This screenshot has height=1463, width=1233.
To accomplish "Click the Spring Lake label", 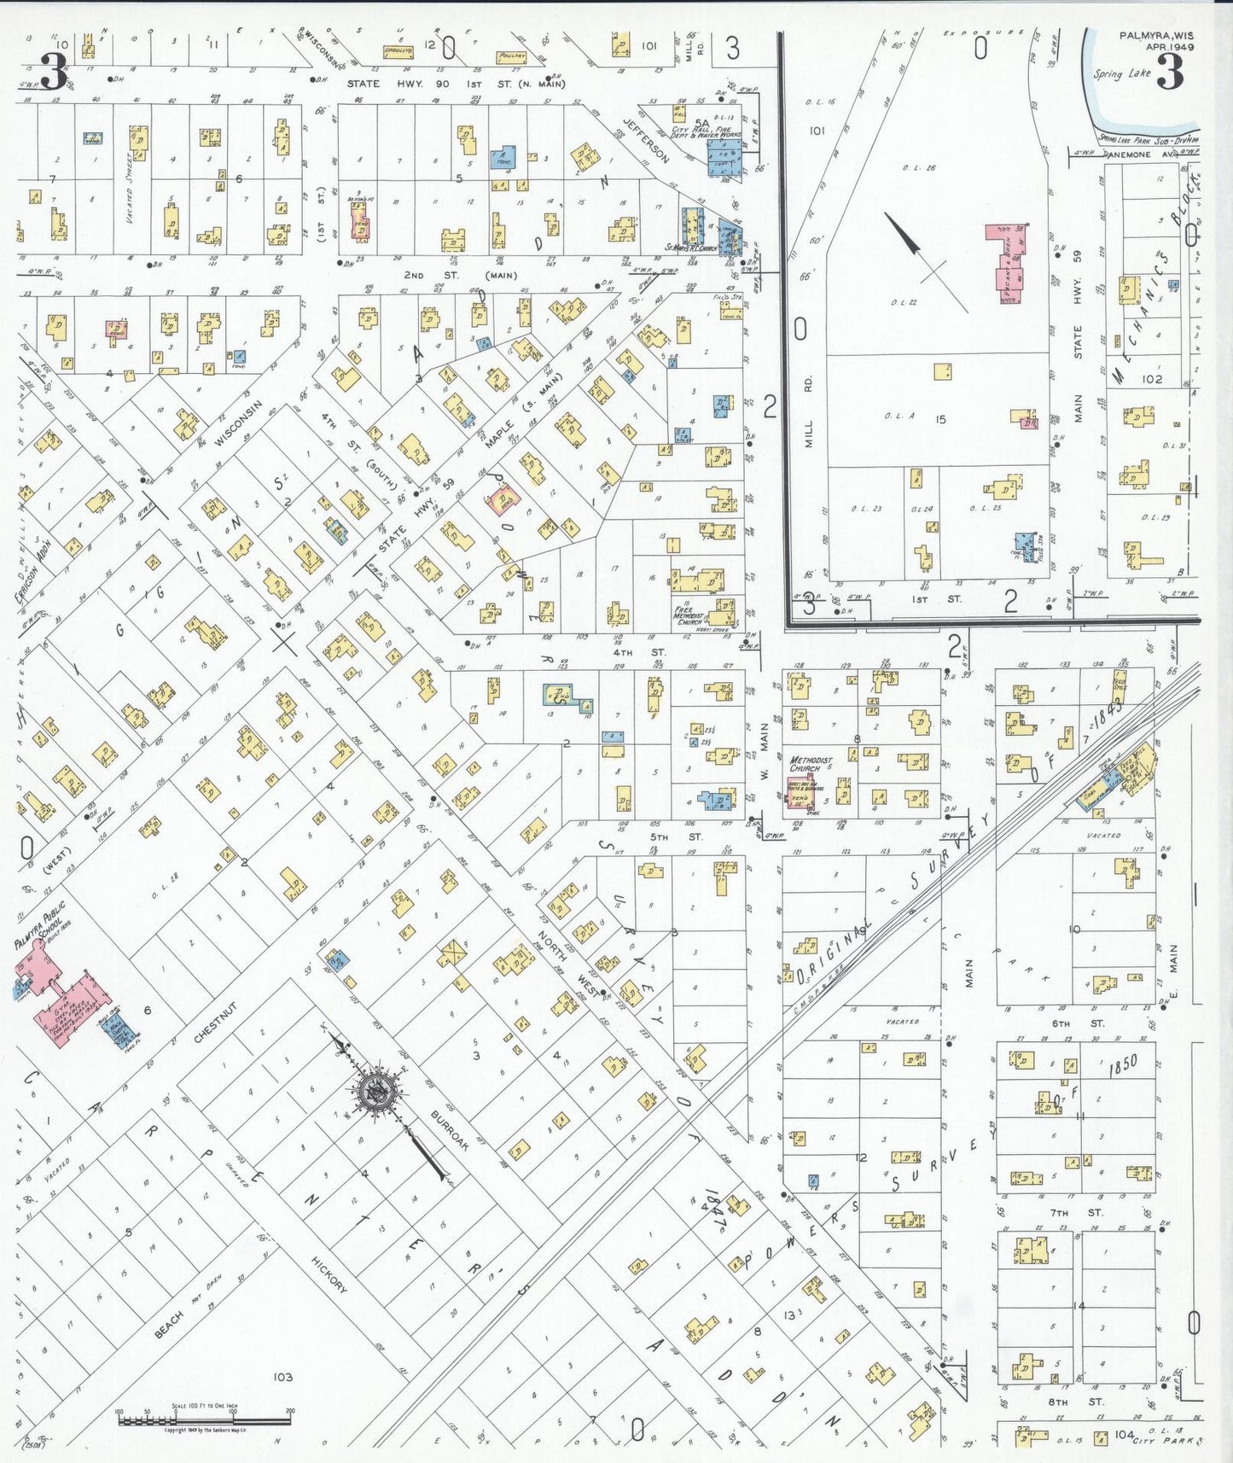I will point(1121,73).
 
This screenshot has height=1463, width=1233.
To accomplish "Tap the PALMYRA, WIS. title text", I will point(1156,36).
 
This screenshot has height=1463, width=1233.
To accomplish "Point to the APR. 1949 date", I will point(1169,47).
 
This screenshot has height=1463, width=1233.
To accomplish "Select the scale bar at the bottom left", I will point(205,1419).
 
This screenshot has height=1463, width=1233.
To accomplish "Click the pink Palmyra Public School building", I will point(70,999).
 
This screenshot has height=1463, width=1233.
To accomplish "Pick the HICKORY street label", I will point(329,1274).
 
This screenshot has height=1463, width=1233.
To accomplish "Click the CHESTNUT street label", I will point(213,1023).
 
